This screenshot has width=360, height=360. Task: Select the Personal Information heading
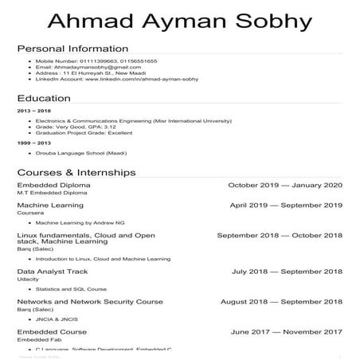point(72,49)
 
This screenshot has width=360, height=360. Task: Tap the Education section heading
point(43,98)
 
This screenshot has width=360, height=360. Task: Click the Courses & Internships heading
point(76,171)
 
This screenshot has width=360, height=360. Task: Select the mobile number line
point(96,61)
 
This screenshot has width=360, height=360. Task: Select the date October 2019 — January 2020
point(285,186)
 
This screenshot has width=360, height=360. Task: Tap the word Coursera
point(30,213)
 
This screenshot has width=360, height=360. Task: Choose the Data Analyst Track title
point(53,272)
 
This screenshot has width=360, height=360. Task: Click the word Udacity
point(28,280)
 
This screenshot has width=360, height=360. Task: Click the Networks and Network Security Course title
point(90,302)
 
